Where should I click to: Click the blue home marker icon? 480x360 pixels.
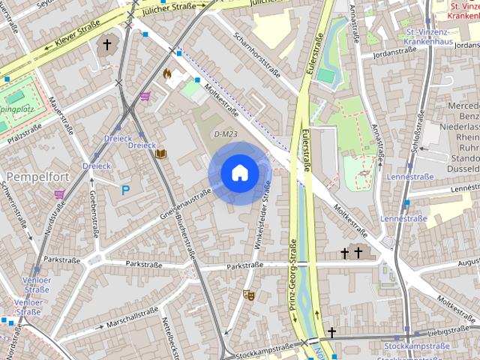point(239,172)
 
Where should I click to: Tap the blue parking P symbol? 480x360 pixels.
point(125,190)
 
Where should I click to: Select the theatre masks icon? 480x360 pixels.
point(249,295)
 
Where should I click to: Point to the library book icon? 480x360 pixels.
point(160,154)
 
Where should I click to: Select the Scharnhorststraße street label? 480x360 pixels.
point(256,55)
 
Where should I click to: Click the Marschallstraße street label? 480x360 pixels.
point(132,319)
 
